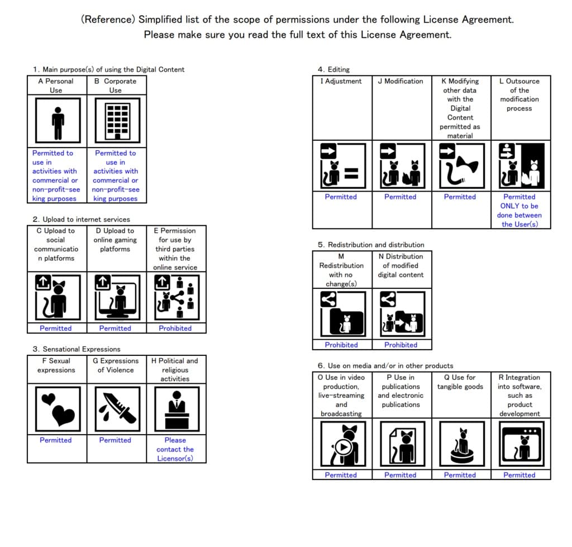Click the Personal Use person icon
tap(58, 121)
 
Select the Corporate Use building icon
tap(117, 121)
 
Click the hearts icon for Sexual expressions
tap(56, 408)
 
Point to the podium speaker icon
tap(175, 408)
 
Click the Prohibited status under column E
tap(175, 329)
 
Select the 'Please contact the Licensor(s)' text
tap(175, 449)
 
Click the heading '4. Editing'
tap(333, 69)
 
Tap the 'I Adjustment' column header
tap(341, 81)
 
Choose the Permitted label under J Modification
tap(400, 197)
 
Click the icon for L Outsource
tap(519, 165)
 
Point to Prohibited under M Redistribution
tap(341, 345)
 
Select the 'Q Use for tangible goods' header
tap(460, 382)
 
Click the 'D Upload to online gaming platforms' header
tap(115, 240)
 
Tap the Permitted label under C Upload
tap(56, 329)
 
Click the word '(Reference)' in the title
tap(108, 20)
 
